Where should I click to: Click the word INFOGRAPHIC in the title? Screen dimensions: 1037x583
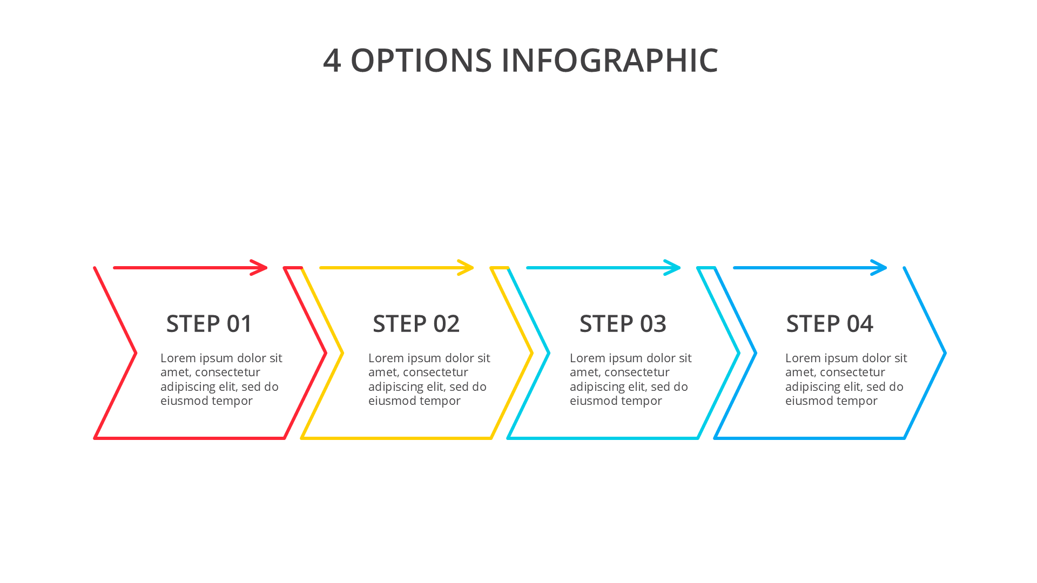point(610,60)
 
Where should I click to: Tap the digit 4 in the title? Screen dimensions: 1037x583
point(332,60)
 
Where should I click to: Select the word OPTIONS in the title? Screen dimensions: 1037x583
point(421,60)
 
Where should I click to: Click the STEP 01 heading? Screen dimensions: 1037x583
point(209,324)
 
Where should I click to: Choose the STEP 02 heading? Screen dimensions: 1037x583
point(416,324)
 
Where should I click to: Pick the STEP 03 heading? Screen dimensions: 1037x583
point(623,324)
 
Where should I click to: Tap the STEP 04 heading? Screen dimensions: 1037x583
point(830,324)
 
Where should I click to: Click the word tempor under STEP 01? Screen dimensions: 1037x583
point(234,401)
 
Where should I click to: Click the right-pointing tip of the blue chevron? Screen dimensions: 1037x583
point(945,353)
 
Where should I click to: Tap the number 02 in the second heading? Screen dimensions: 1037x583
point(446,324)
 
